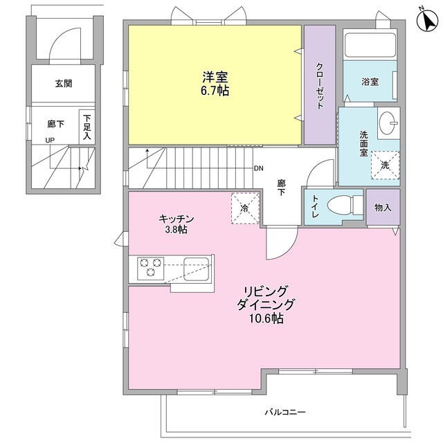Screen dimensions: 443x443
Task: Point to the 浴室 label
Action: (370, 82)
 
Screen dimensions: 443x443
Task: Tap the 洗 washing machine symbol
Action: (385, 165)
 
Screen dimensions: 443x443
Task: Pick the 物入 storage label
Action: (383, 207)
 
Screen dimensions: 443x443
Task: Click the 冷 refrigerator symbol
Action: (245, 207)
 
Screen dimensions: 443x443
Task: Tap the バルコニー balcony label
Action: (284, 413)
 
